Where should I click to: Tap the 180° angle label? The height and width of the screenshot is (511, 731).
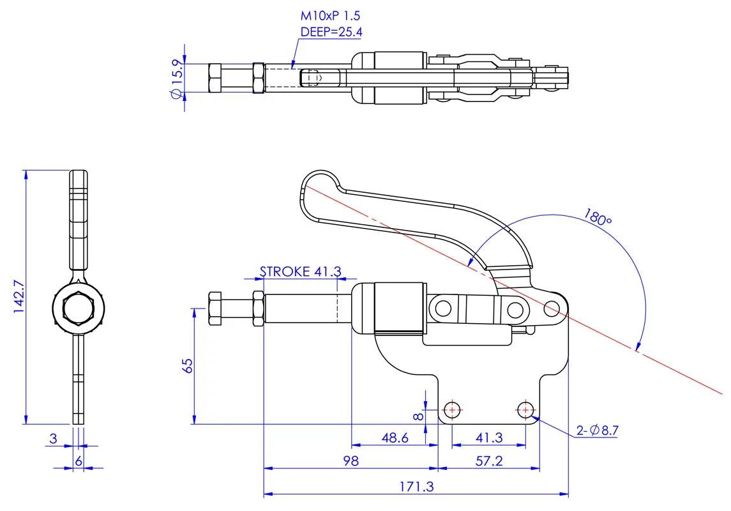[x=597, y=217]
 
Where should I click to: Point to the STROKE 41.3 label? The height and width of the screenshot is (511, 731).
[x=299, y=271]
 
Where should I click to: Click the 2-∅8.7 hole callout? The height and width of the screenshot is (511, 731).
[x=598, y=431]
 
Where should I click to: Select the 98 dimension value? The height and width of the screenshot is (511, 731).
[x=350, y=461]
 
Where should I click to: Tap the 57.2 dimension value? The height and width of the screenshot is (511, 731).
[x=489, y=461]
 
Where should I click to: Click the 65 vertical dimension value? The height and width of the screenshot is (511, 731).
[x=188, y=365]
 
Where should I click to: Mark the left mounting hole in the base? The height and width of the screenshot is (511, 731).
[x=452, y=408]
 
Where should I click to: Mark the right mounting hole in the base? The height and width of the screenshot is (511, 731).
[x=525, y=408]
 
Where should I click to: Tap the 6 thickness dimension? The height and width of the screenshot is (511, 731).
[x=78, y=460]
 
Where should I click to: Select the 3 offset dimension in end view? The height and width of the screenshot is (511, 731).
[x=54, y=438]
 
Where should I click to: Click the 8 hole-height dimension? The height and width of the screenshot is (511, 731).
[x=418, y=416]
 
